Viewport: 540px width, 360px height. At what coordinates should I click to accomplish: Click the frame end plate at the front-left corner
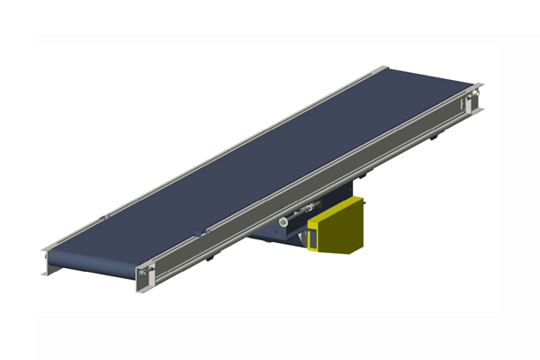pyautogui.click(x=46, y=262)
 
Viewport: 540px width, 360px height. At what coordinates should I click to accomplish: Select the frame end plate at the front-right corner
pyautogui.click(x=152, y=277)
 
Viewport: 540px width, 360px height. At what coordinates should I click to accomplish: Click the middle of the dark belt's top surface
pyautogui.click(x=261, y=162)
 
